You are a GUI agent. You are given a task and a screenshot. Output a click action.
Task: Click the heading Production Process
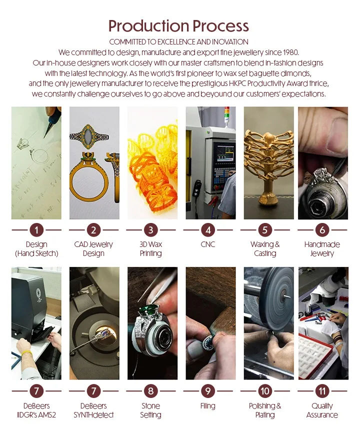(178, 26)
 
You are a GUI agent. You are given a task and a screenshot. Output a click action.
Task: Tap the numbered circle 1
(36, 230)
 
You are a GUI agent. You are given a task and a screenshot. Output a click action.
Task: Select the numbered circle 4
(208, 230)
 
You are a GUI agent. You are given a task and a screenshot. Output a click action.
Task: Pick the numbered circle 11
(322, 391)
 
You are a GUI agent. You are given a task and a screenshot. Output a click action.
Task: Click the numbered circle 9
(208, 391)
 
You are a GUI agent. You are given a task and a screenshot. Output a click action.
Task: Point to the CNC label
(208, 244)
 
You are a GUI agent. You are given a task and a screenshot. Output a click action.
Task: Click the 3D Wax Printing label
(150, 249)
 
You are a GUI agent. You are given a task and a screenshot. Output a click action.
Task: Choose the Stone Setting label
(150, 410)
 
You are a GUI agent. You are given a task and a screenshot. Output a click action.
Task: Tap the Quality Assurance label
(322, 410)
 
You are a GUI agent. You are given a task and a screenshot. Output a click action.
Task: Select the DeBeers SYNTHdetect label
(93, 410)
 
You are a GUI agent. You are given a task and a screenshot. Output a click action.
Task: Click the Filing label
(208, 406)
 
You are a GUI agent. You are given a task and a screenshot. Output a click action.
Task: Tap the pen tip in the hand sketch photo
(43, 135)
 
